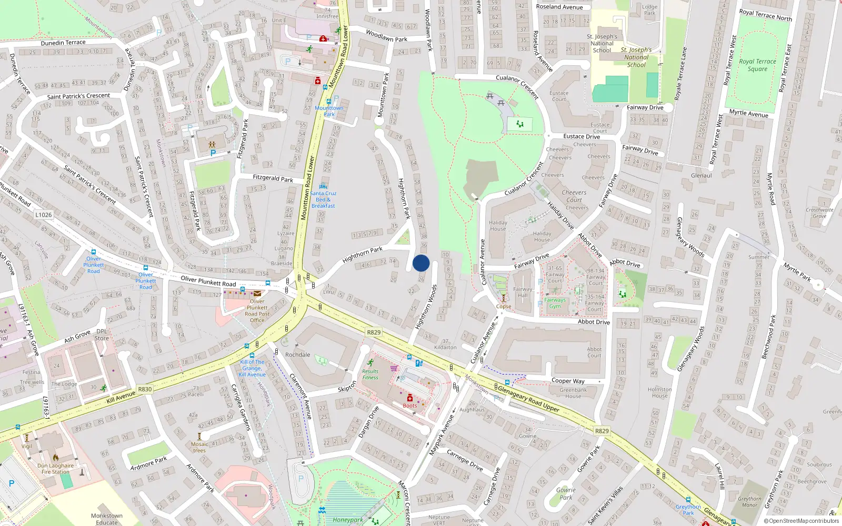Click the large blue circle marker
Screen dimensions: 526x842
421,263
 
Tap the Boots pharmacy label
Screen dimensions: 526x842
410,406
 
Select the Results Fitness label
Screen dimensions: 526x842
370,375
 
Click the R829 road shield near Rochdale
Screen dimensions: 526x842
374,332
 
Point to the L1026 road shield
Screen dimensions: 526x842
44,215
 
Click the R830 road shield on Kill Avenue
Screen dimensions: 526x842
145,389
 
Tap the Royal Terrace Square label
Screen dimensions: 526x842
757,65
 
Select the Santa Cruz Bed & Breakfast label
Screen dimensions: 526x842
323,199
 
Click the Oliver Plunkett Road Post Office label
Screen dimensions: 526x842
257,310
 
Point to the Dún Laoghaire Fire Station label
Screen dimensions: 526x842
55,469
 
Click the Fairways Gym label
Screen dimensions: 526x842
555,303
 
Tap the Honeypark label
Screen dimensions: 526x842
347,520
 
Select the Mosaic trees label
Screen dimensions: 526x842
199,447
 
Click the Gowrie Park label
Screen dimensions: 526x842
566,493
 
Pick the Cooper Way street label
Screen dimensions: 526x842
568,381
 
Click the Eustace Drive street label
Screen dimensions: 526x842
582,136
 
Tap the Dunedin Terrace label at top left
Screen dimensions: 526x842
63,43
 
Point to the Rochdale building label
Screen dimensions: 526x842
297,355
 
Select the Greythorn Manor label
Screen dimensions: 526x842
749,502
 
